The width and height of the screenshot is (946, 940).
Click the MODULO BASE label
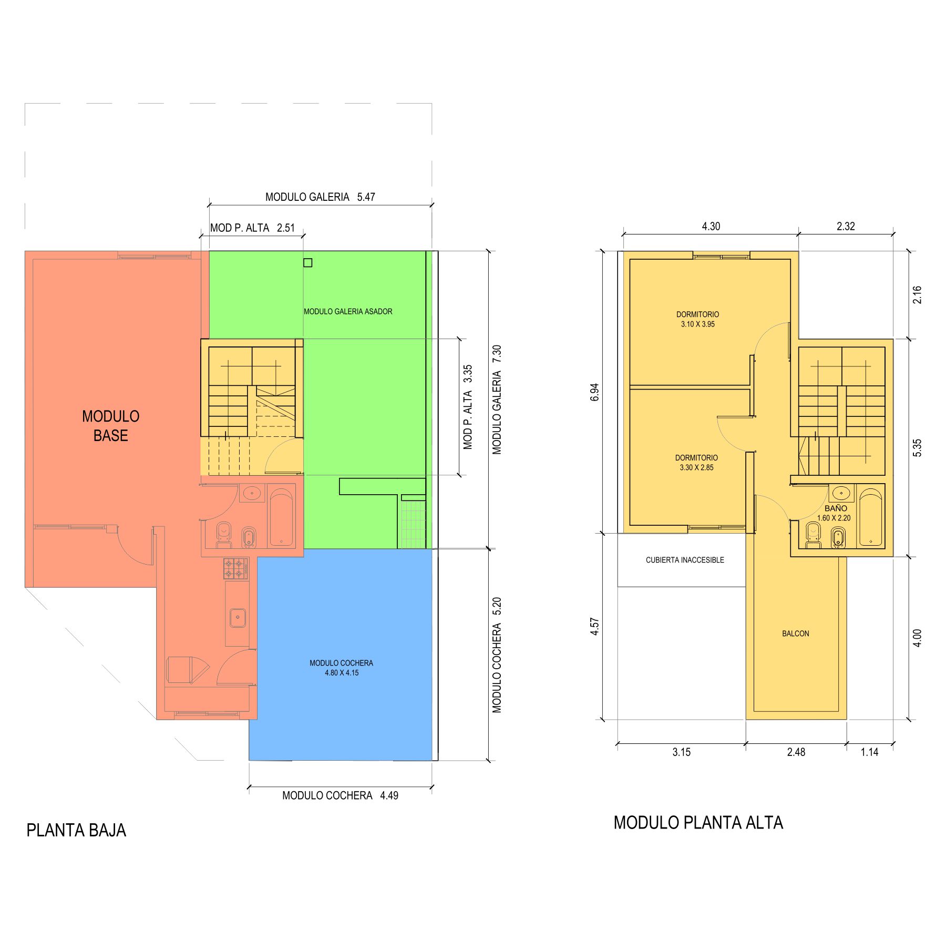[x=110, y=426]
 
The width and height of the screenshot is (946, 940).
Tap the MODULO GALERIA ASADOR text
[x=348, y=312]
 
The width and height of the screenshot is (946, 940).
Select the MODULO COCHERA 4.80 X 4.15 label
[x=342, y=668]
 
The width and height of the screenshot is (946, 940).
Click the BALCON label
[x=795, y=634]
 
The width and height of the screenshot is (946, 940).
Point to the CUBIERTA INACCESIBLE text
[x=685, y=560]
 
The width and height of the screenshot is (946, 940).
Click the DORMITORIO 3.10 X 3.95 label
[x=697, y=319]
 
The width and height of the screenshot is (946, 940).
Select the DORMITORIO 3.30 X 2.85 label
[x=696, y=463]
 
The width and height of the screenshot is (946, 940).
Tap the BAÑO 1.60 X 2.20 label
[x=836, y=513]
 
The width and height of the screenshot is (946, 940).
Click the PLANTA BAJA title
[x=76, y=831]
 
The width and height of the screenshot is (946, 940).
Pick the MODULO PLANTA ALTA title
[x=698, y=823]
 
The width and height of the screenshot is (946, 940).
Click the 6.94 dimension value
[x=594, y=392]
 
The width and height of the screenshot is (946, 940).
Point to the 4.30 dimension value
[x=711, y=227]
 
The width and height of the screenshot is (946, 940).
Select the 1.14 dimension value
[x=869, y=752]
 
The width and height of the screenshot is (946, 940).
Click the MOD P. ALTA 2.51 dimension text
[x=252, y=228]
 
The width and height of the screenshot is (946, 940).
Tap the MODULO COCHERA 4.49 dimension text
[x=340, y=795]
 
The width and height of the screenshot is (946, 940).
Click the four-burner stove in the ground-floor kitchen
[x=235, y=568]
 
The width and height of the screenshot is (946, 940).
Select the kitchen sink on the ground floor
[x=238, y=618]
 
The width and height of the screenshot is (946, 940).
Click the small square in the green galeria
[x=308, y=263]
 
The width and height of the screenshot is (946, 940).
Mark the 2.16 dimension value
[x=917, y=294]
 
